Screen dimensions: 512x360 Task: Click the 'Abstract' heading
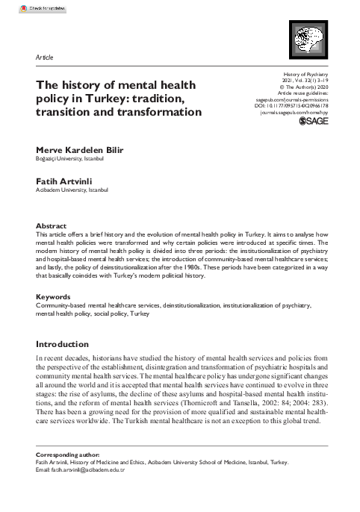[52, 225]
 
